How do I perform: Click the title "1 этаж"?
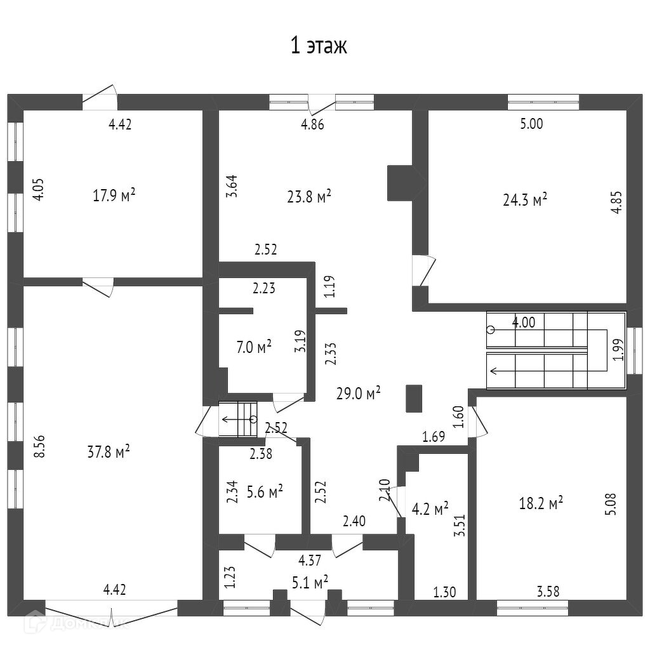(319, 47)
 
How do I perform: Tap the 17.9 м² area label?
(114, 196)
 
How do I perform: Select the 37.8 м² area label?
(109, 451)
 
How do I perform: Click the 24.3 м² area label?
(525, 200)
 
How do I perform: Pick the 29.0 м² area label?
(359, 392)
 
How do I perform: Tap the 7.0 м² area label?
(253, 347)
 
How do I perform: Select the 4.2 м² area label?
(430, 508)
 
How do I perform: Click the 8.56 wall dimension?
(39, 446)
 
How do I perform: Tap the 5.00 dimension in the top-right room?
(531, 124)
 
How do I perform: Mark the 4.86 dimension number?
(312, 124)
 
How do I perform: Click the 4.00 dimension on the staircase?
(524, 322)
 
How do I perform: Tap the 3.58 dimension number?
(548, 592)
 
